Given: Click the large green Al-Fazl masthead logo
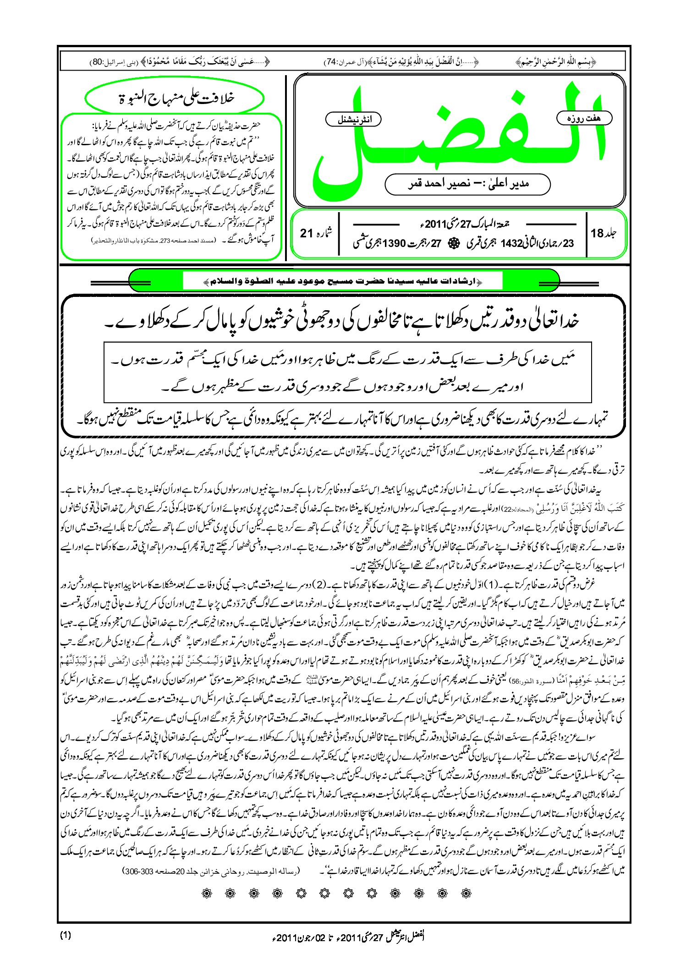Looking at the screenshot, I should [x=458, y=137].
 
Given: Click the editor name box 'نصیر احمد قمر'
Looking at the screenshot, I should [x=467, y=184].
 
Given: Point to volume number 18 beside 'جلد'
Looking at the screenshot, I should [x=598, y=233].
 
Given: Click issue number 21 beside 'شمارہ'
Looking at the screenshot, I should [x=307, y=233].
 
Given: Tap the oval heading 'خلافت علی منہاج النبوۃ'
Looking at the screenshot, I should [x=175, y=98].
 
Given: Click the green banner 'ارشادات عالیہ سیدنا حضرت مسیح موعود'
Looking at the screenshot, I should [x=344, y=281].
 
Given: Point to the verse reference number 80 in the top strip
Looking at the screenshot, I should [x=98, y=61].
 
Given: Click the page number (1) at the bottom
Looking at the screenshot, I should [x=66, y=935].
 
